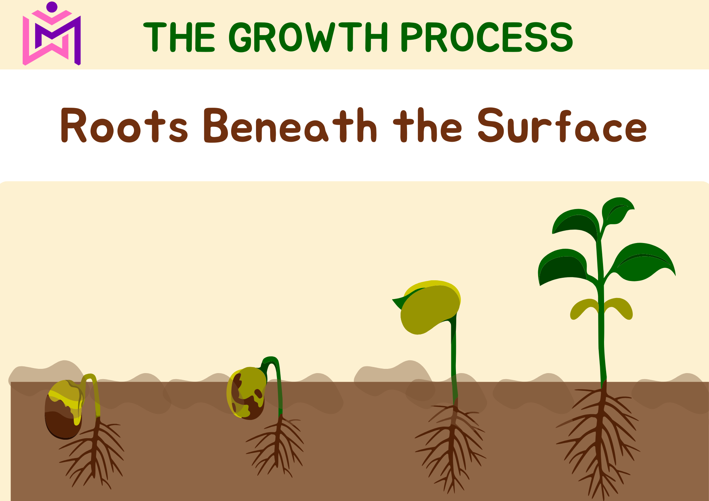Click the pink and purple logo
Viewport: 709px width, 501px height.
[52, 34]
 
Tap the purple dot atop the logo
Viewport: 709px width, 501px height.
[52, 7]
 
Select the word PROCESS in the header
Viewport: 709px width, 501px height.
[487, 36]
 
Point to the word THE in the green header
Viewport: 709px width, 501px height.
[179, 36]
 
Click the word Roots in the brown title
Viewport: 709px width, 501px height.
[124, 125]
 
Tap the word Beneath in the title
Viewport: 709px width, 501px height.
[290, 125]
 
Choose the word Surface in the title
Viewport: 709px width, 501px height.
[562, 125]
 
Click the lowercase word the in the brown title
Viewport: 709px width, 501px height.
[428, 125]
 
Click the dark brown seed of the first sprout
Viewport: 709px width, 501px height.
[63, 411]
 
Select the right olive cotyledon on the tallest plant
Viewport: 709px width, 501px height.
[619, 308]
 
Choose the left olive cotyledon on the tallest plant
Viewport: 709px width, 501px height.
[584, 309]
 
